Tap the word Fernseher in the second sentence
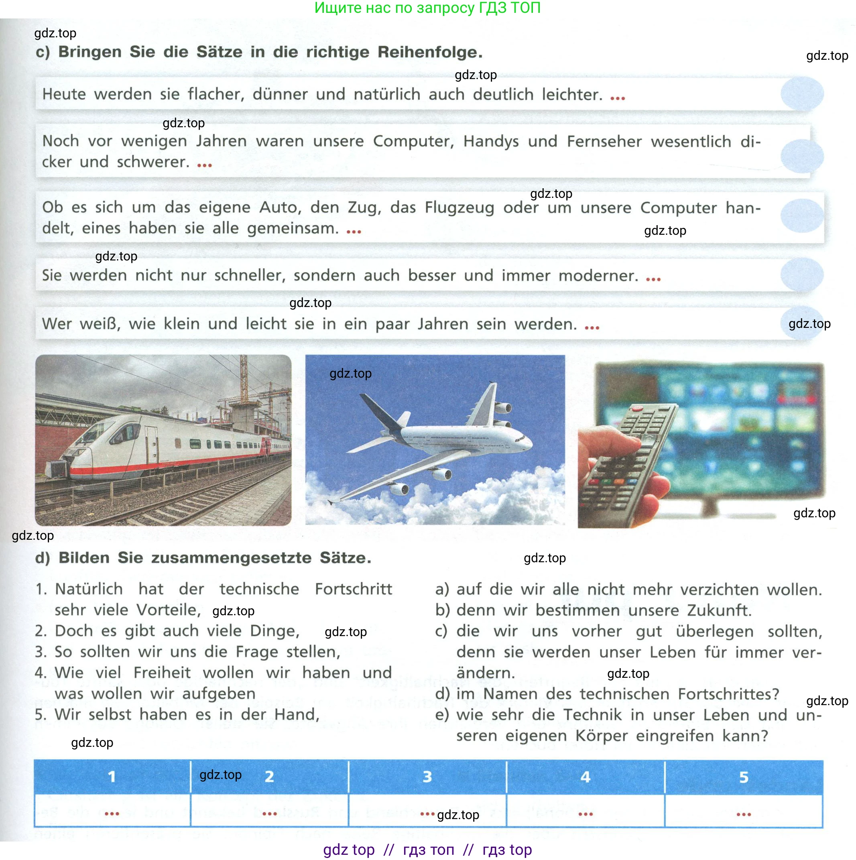point(604,142)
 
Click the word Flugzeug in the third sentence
point(459,207)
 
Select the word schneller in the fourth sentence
point(249,276)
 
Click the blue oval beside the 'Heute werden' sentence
point(802,94)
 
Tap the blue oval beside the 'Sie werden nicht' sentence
point(802,274)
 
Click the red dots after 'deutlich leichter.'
point(617,98)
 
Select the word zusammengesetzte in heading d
point(231,558)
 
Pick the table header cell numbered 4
point(585,777)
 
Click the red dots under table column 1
point(112,814)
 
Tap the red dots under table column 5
point(743,814)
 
